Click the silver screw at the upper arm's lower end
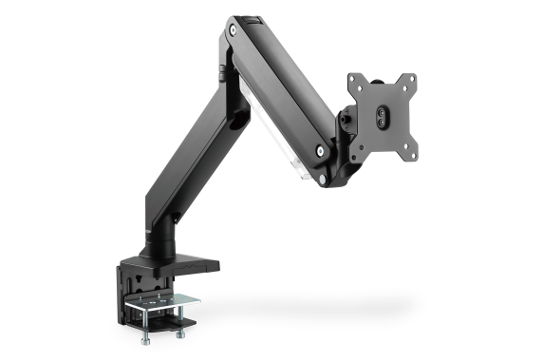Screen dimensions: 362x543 (x=321, y=150)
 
